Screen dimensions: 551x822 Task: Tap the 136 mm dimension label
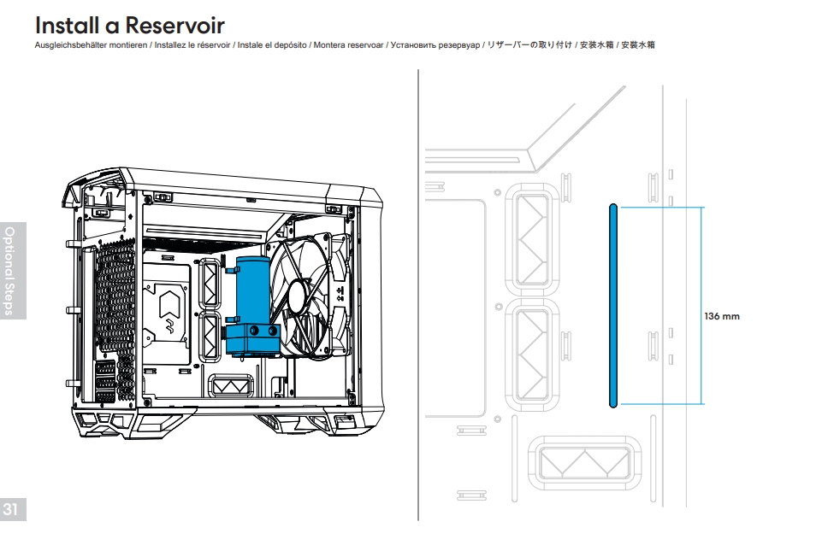click(x=721, y=316)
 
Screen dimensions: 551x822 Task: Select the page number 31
click(x=11, y=510)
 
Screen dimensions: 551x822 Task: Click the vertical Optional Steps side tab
click(x=11, y=270)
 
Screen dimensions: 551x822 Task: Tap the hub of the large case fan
click(x=299, y=298)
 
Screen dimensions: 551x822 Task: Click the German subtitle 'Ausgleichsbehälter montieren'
click(x=91, y=44)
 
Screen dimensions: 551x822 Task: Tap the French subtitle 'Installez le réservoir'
click(x=190, y=44)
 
